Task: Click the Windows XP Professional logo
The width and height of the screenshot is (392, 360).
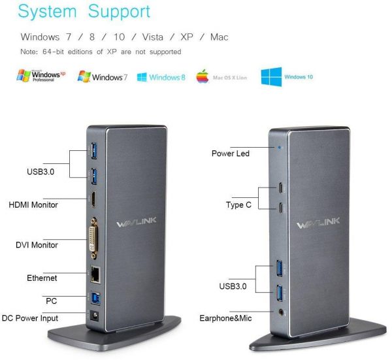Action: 41,76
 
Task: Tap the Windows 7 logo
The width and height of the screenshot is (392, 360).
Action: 103,76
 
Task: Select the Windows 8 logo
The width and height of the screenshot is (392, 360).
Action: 161,77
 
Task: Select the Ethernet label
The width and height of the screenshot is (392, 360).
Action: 42,278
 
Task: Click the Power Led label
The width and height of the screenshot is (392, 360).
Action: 231,154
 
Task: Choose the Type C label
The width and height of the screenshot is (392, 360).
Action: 239,205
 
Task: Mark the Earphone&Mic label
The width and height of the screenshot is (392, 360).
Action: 226,318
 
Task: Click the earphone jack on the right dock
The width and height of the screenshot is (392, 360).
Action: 282,312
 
